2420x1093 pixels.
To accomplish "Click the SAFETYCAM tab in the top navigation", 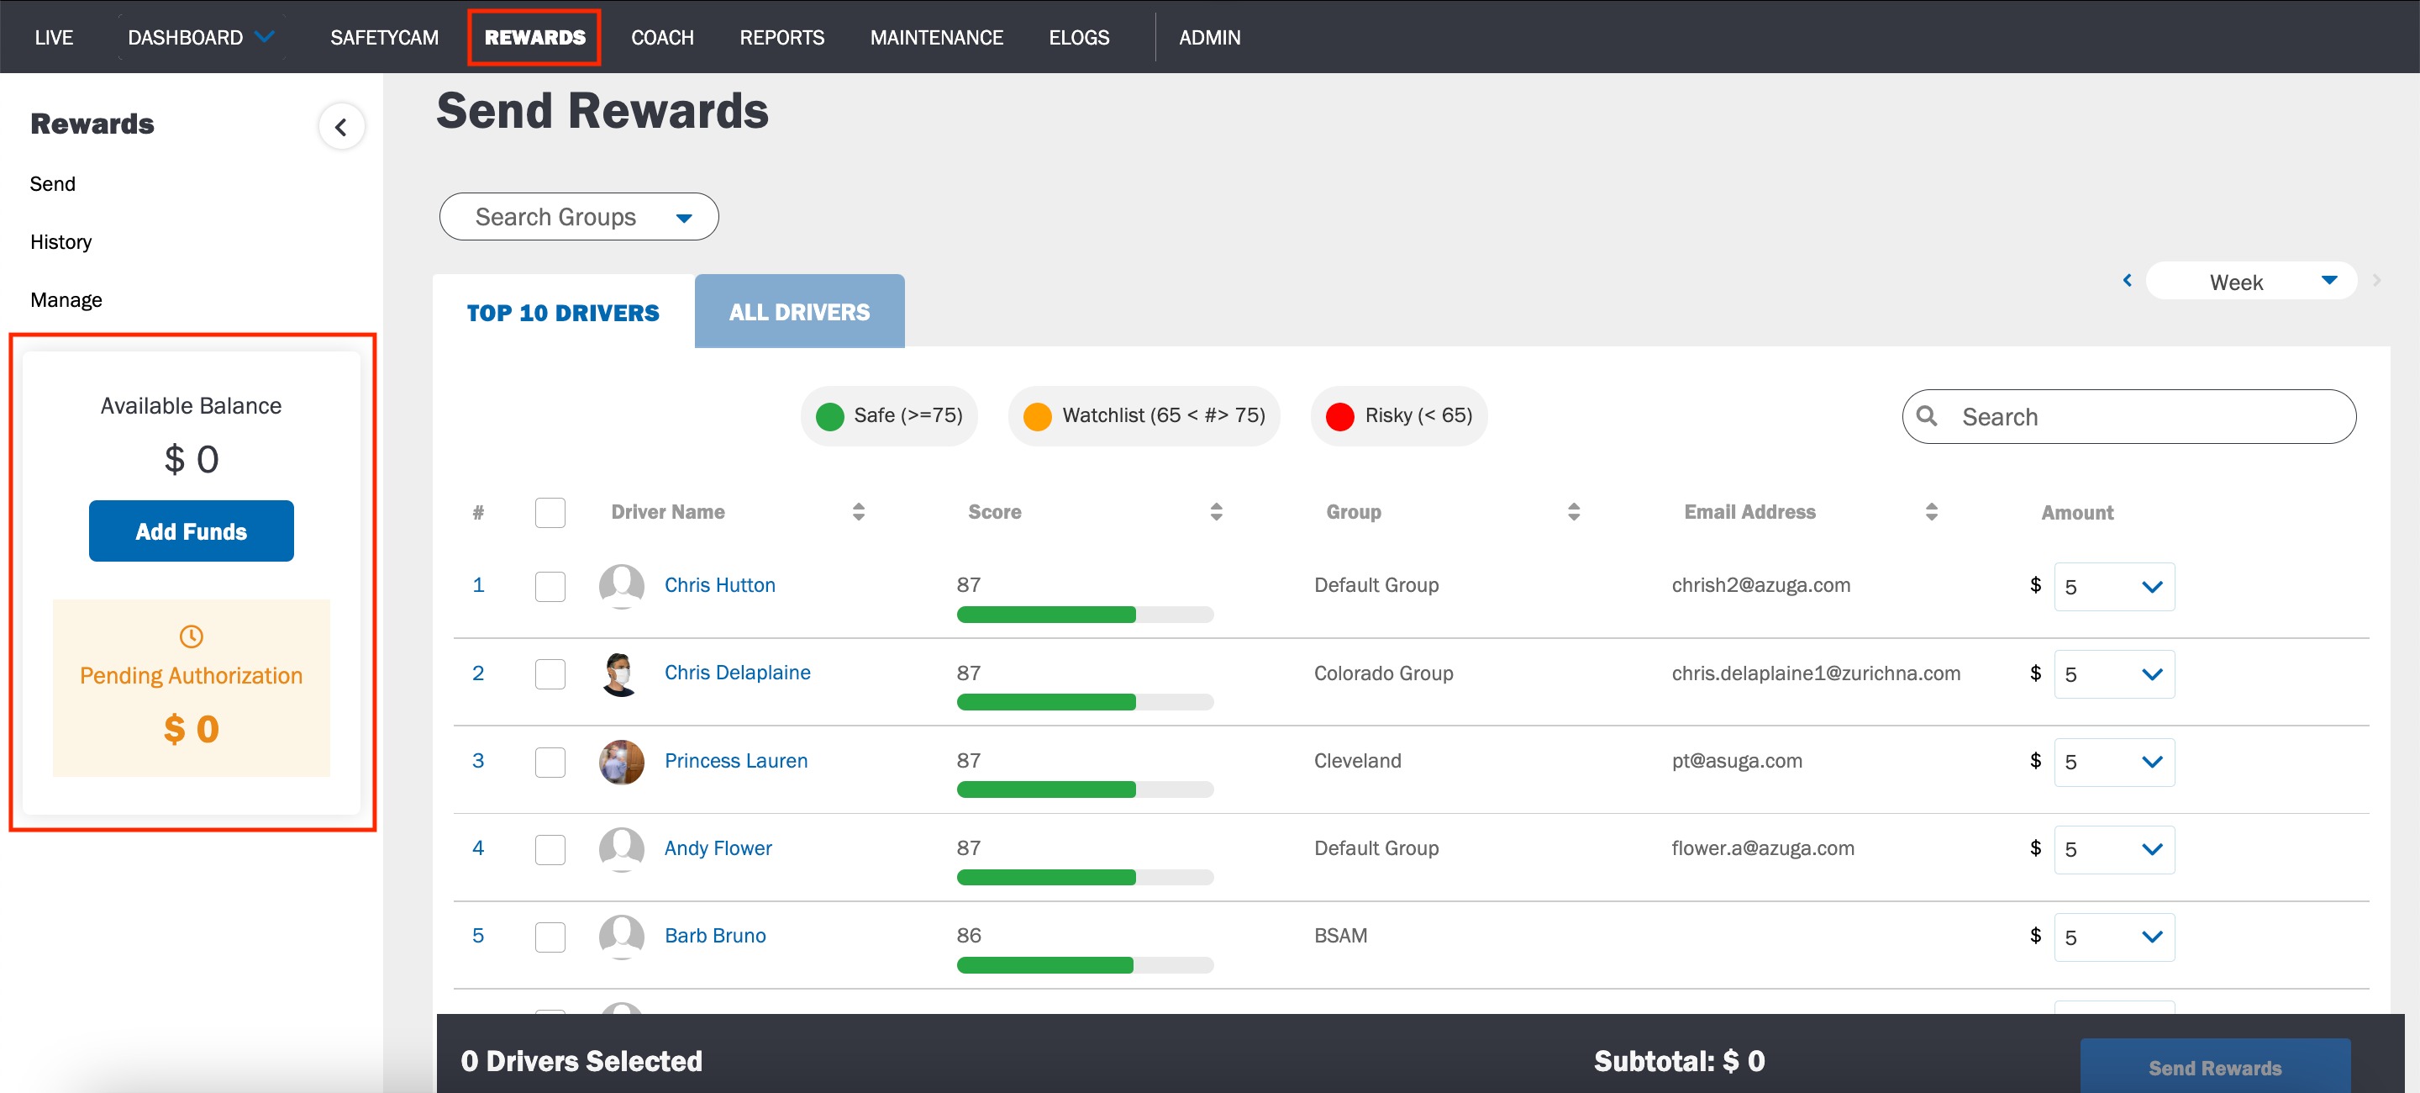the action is coord(384,38).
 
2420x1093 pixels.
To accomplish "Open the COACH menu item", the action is coord(662,38).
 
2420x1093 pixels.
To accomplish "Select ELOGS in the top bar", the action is coord(1078,38).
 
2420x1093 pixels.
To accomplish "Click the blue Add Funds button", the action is coord(192,531).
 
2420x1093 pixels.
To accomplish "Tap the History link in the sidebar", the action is coord(61,241).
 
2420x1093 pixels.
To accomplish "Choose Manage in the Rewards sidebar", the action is coord(66,300).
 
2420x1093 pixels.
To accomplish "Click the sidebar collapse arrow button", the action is coord(341,127).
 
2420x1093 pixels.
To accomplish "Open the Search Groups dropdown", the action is coord(579,217).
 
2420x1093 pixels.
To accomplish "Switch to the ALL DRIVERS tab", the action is coord(799,312).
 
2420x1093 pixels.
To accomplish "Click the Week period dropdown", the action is coord(2251,282).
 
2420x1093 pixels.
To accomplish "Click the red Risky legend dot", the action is coord(1339,416).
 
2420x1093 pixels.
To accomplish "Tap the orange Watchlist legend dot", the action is coord(1037,416).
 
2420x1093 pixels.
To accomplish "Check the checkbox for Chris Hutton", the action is coord(550,587).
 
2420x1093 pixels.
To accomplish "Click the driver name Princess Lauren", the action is coord(735,760).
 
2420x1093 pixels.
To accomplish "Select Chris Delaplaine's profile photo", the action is coord(621,673).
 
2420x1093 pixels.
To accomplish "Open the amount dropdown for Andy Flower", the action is coord(2114,849).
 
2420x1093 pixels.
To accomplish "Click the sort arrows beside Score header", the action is coord(1217,512).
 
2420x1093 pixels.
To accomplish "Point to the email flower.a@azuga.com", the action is coord(1762,847).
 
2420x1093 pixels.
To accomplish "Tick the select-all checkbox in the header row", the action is coord(550,513).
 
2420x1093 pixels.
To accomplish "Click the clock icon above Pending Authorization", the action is coord(191,636).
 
